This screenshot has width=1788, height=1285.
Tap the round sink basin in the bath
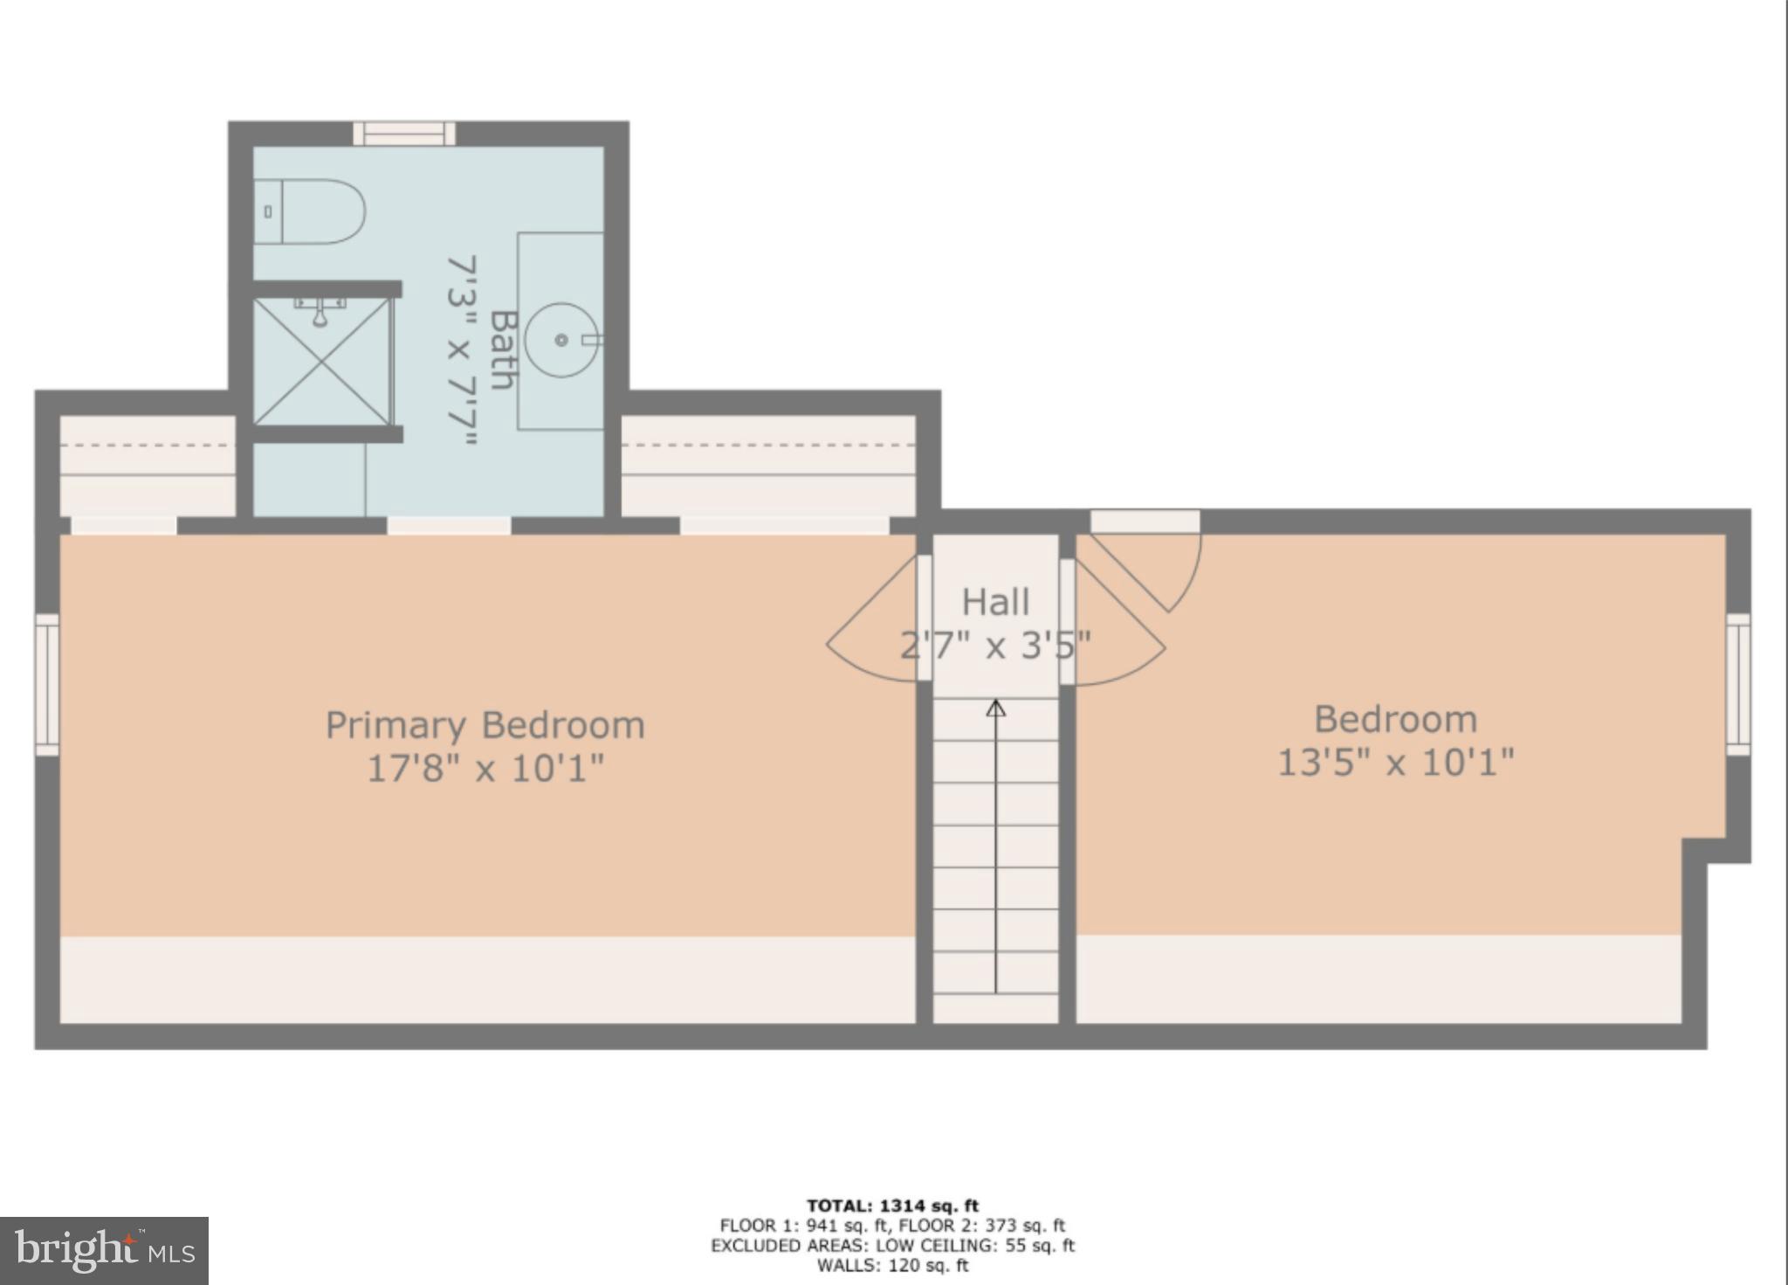click(561, 340)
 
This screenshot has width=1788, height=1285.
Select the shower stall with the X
click(322, 362)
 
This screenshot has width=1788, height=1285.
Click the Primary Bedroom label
click(485, 725)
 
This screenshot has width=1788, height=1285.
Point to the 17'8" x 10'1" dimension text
click(485, 769)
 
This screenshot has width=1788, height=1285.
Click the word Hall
click(995, 602)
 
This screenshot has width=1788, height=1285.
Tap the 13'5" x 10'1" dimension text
click(1395, 763)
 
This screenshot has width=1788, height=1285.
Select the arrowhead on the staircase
click(996, 708)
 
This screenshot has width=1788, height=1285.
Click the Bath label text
click(501, 349)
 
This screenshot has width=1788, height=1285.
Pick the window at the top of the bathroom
click(404, 133)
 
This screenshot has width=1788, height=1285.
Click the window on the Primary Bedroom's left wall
click(47, 684)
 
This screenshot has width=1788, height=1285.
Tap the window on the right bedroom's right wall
click(1738, 684)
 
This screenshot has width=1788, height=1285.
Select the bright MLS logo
click(104, 1251)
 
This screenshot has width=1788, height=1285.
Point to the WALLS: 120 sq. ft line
click(892, 1265)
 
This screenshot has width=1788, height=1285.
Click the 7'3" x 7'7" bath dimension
click(462, 349)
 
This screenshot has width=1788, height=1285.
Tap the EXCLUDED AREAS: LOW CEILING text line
click(892, 1246)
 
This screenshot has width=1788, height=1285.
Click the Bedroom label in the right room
click(1395, 720)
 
